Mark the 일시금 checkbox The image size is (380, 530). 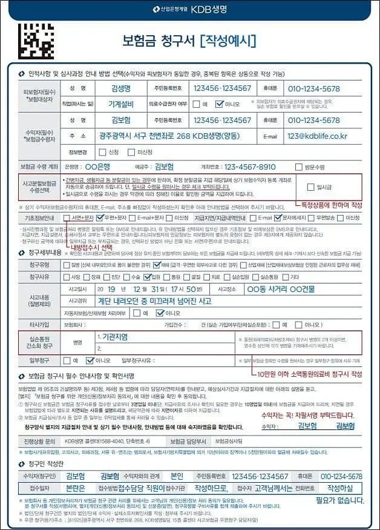tap(312, 187)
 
